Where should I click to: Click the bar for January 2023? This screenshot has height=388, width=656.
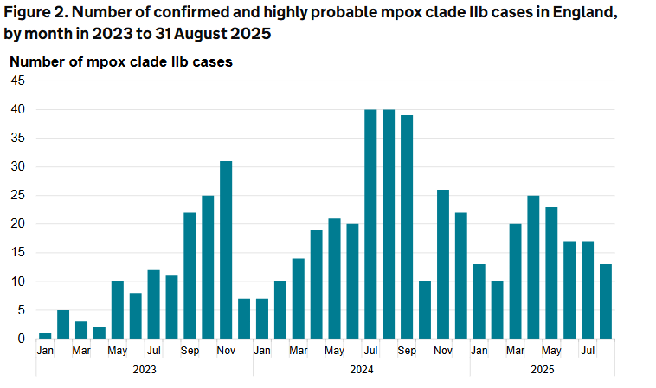45,335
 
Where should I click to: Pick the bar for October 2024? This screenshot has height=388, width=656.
425,309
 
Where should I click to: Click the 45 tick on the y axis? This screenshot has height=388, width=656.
18,81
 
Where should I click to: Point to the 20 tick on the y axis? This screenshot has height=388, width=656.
18,224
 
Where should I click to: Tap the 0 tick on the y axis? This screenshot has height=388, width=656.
22,339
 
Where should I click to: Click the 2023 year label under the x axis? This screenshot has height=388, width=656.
144,368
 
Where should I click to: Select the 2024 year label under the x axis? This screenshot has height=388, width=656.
361,368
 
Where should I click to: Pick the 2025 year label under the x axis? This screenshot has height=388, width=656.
542,368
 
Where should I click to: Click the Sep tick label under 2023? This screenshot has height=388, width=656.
190,351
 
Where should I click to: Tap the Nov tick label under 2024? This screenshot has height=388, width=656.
443,351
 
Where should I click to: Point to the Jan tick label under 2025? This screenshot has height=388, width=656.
479,351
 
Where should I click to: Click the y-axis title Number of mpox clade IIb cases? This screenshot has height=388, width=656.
120,61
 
